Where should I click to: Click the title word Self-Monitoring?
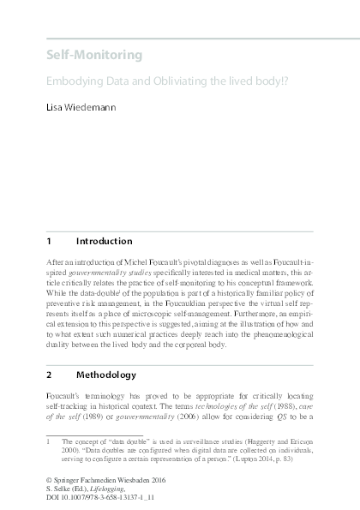pyautogui.click(x=94, y=56)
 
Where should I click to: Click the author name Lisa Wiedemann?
pyautogui.click(x=85, y=111)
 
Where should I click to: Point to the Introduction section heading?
pyautogui.click(x=104, y=241)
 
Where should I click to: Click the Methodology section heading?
pyautogui.click(x=105, y=375)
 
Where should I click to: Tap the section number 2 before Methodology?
pyautogui.click(x=49, y=375)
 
